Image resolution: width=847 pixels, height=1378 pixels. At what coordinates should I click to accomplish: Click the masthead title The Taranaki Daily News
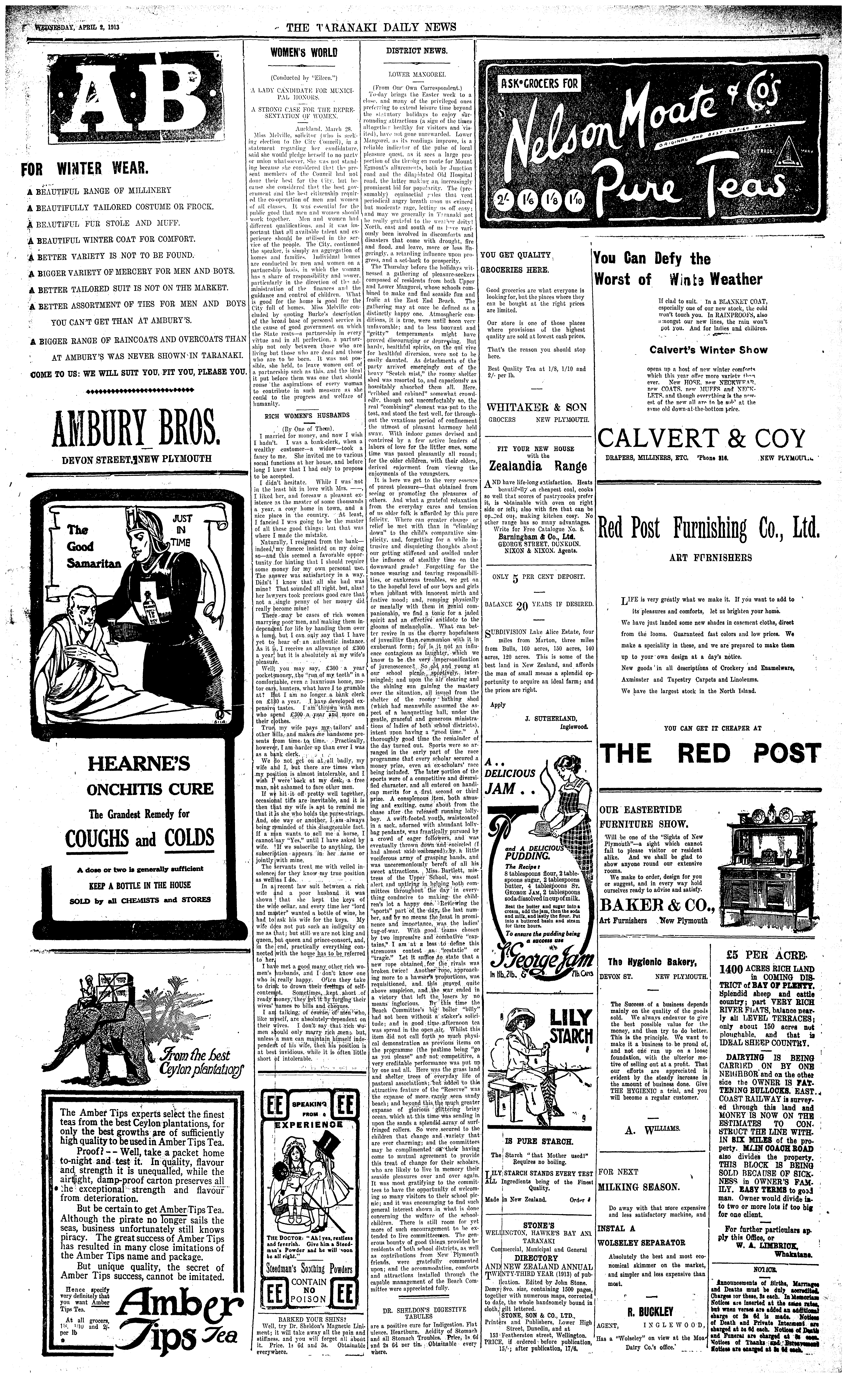[x=371, y=27]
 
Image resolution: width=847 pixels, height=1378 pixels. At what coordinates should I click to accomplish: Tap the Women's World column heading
[x=304, y=53]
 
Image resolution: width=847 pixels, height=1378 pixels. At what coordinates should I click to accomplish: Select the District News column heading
[x=416, y=50]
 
